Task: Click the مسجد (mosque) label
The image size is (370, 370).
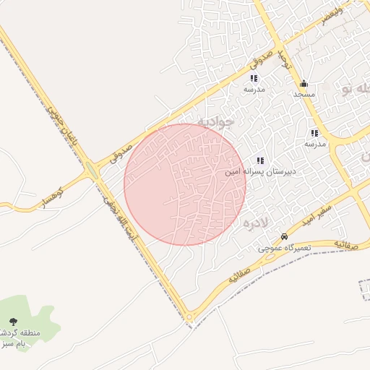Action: [304, 95]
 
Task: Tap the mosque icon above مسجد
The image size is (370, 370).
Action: [304, 84]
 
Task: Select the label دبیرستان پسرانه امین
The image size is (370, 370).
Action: [285, 173]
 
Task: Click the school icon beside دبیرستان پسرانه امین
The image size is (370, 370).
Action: [259, 160]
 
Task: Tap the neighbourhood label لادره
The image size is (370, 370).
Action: [256, 223]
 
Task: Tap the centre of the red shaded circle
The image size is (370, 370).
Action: [185, 184]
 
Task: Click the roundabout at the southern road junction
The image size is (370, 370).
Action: [189, 317]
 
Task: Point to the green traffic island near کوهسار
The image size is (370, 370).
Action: [92, 171]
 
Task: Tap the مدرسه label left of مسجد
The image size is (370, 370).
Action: [254, 89]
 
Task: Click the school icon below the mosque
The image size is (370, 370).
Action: [314, 133]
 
